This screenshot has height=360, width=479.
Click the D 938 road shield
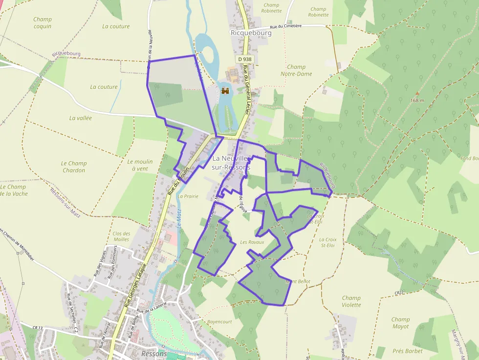click(245, 59)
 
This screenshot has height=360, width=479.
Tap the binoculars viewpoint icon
click(225, 91)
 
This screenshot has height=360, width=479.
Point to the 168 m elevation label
click(417, 101)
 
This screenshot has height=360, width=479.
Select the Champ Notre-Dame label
click(296, 70)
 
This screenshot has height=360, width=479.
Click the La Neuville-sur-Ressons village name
click(231, 163)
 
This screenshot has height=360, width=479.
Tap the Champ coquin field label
click(43, 23)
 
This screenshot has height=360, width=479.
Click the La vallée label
click(81, 118)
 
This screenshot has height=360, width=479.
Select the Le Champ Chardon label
click(74, 167)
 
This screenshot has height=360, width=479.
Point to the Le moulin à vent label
click(140, 165)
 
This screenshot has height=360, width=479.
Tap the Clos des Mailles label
click(121, 236)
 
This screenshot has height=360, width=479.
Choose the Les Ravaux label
click(252, 242)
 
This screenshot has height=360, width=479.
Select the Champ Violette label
click(351, 301)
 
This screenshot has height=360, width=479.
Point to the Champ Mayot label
click(400, 323)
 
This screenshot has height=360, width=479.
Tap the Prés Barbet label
click(407, 351)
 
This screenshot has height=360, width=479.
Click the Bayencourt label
click(219, 322)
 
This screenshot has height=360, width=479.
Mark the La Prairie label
click(188, 196)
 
